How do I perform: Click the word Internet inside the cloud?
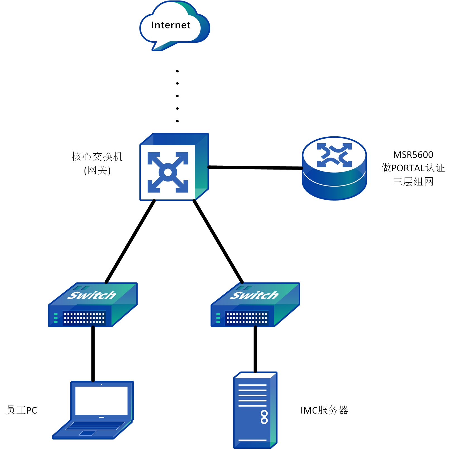(x=171, y=25)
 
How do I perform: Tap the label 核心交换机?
(x=97, y=156)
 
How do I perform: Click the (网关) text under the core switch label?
(x=97, y=170)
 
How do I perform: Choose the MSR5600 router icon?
(x=334, y=168)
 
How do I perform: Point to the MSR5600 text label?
(x=413, y=155)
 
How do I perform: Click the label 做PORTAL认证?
(x=413, y=168)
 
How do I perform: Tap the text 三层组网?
(x=413, y=182)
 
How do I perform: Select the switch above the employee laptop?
(x=93, y=305)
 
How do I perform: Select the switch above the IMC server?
(x=255, y=305)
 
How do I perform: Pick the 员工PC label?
(x=22, y=410)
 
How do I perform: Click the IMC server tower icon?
(x=255, y=410)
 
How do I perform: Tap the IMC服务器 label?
(x=324, y=410)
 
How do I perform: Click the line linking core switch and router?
(x=255, y=168)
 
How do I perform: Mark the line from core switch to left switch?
(x=130, y=242)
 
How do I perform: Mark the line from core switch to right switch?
(x=218, y=242)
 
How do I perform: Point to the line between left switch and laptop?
(x=93, y=354)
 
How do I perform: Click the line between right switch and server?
(x=255, y=349)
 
